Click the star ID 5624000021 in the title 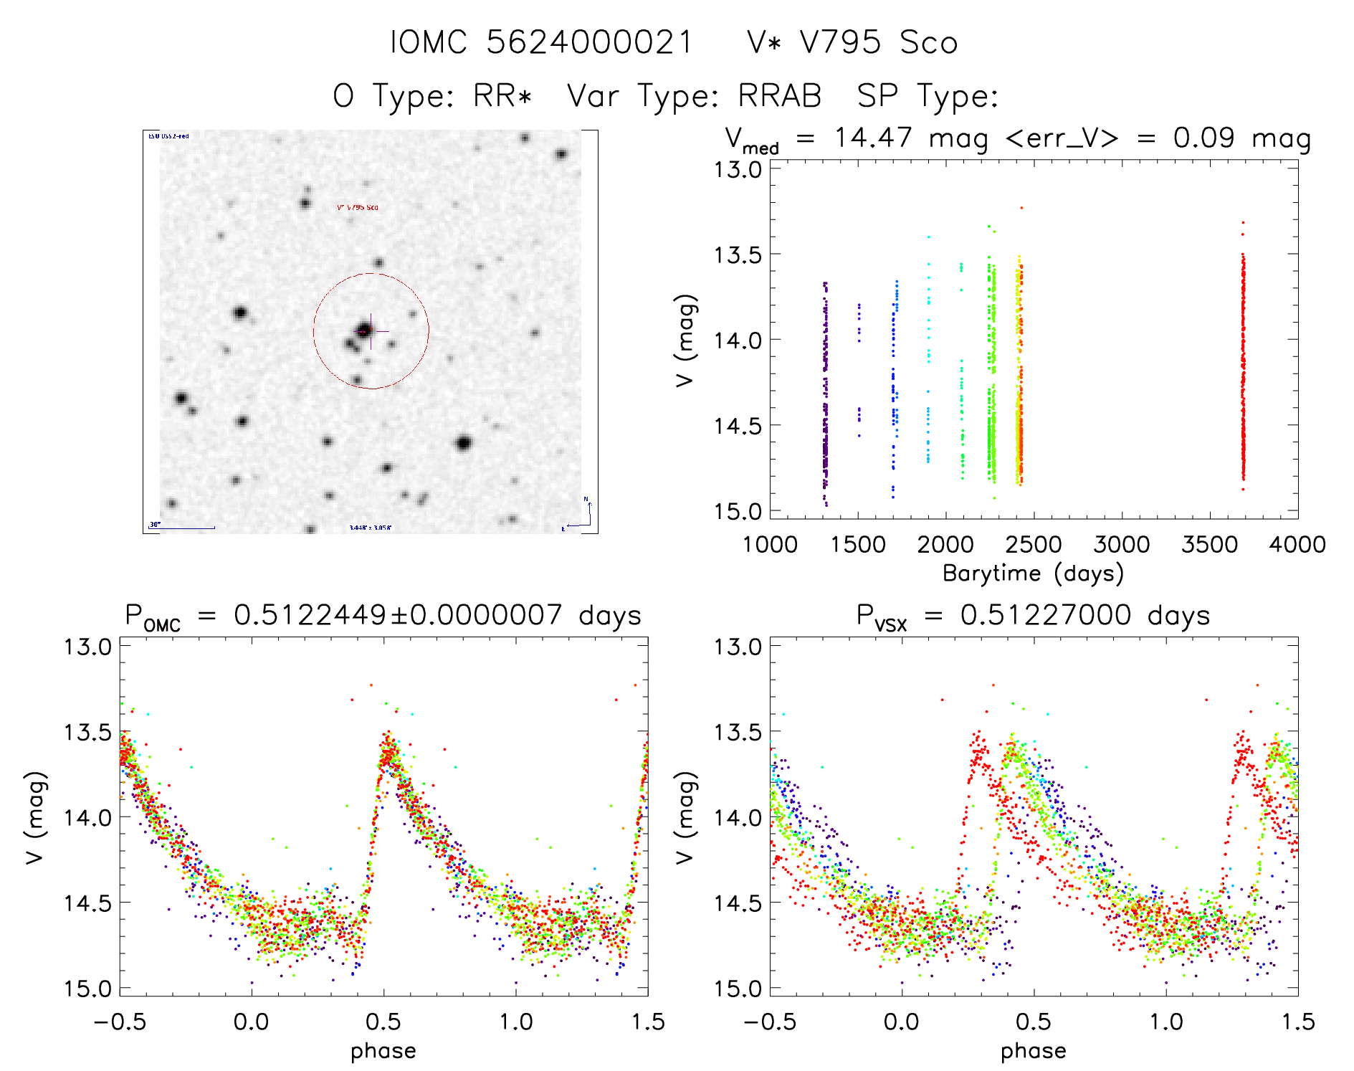[589, 42]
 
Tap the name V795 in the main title [840, 42]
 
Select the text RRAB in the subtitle [780, 96]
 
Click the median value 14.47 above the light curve [873, 138]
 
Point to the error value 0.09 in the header [1203, 138]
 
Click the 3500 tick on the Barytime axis [1209, 545]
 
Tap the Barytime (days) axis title [1033, 573]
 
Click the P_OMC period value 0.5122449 [310, 615]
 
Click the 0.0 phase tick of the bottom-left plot [251, 1022]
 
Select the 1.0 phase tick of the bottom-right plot [1165, 1022]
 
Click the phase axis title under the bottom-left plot [383, 1051]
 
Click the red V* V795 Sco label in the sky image [358, 207]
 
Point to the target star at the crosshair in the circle [365, 330]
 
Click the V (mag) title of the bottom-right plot [686, 817]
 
